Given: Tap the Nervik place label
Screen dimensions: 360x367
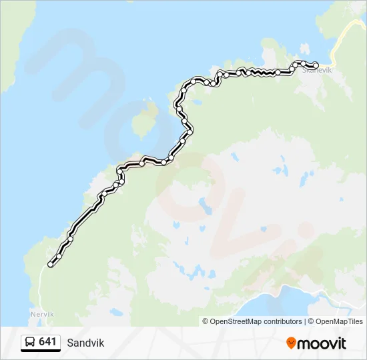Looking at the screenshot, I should click(41, 314).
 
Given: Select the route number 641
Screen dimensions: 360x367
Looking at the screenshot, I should click(47, 342).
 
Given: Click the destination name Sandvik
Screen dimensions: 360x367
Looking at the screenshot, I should click(85, 343).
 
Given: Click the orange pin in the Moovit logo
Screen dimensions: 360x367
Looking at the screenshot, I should click(291, 343).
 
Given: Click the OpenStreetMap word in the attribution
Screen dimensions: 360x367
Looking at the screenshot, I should click(236, 321).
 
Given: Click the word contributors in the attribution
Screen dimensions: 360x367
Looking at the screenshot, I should click(283, 321).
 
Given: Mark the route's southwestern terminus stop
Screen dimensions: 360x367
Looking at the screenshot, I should click(50, 265).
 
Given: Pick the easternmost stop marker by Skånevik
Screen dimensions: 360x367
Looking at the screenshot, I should click(316, 65).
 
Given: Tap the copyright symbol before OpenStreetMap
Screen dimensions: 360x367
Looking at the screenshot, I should click(206, 321).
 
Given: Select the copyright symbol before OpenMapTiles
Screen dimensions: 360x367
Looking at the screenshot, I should click(311, 321).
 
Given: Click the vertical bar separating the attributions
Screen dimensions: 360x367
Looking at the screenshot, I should click(306, 321).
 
